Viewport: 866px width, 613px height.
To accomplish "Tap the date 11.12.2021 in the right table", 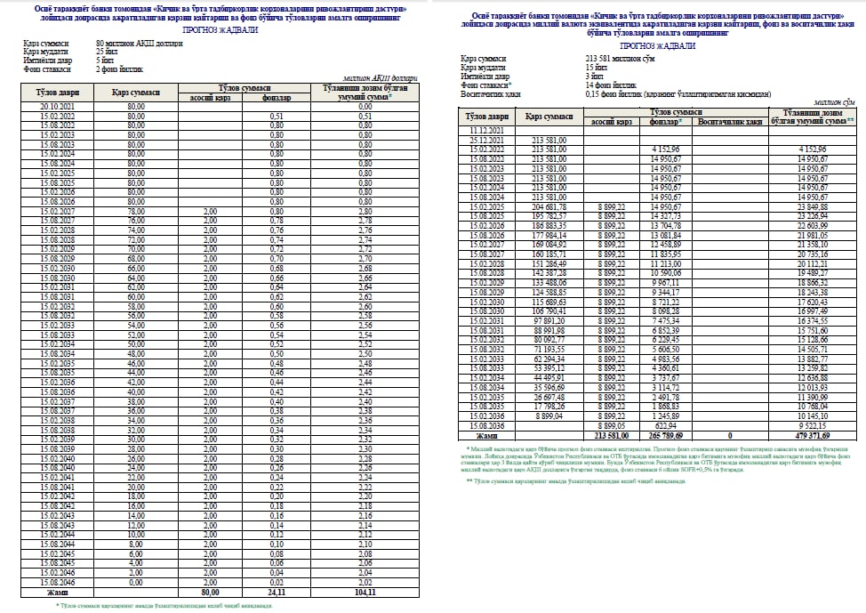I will pos(486,131).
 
